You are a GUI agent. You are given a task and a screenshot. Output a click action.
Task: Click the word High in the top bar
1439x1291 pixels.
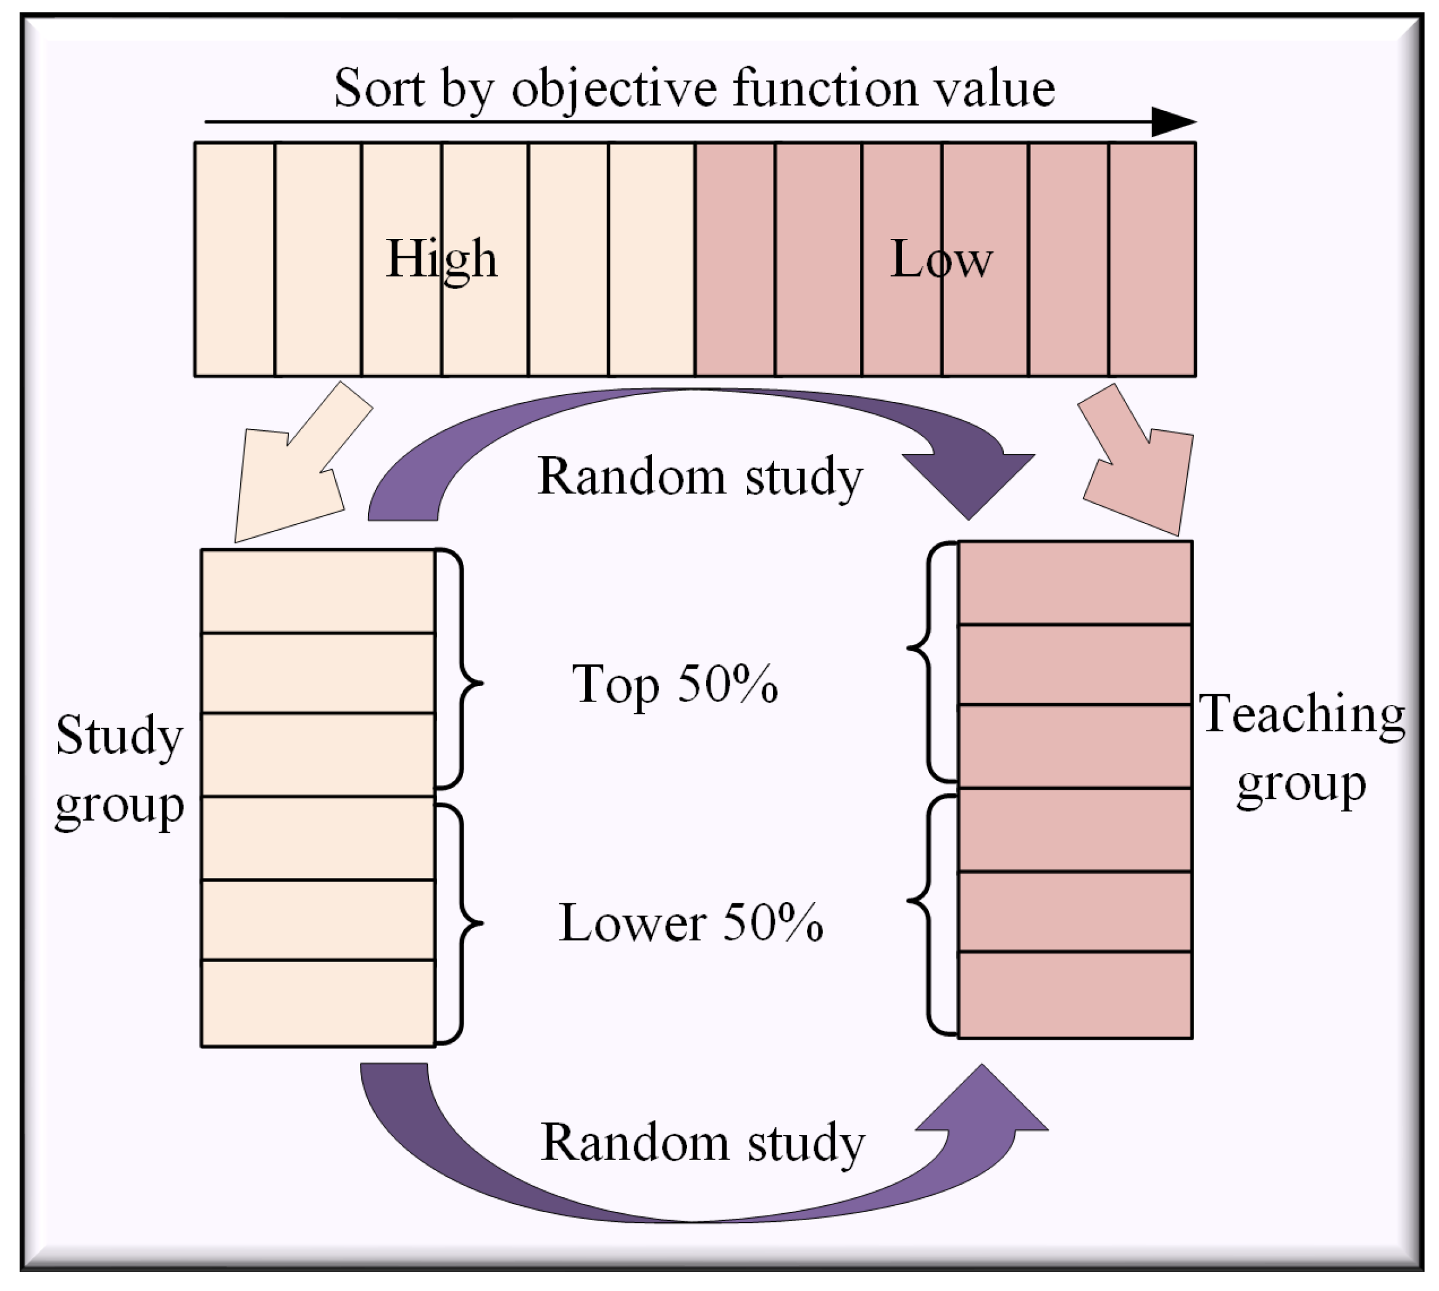click(441, 259)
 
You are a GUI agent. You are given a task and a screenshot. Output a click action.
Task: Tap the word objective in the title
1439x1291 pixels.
click(614, 90)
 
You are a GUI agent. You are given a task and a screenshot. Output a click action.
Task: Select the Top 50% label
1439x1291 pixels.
click(675, 685)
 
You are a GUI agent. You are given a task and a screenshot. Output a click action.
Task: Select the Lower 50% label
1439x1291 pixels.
click(691, 923)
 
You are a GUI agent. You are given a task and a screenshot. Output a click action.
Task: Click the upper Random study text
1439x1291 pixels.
click(700, 476)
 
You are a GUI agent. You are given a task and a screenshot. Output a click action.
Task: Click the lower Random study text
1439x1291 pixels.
click(702, 1143)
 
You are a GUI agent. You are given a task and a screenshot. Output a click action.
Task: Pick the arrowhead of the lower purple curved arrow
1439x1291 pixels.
click(982, 1104)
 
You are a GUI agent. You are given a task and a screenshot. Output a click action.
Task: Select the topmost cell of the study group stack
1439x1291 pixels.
click(318, 591)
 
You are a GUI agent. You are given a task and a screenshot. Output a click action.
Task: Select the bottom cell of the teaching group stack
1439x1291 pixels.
click(1074, 995)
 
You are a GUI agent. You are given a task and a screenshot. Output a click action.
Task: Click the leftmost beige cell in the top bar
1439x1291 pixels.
click(235, 259)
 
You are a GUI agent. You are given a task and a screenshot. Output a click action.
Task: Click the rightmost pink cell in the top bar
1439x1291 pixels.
click(1152, 259)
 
